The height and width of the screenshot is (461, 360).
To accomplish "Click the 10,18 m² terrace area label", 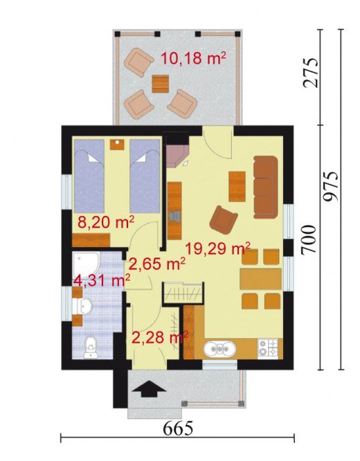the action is [193, 58].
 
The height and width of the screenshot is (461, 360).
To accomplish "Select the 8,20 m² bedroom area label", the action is [106, 222].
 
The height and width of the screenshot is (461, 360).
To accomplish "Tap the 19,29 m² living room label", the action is [217, 248].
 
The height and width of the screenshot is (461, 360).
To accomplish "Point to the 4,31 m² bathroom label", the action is [102, 280].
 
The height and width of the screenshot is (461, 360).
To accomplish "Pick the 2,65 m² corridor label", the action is [156, 264].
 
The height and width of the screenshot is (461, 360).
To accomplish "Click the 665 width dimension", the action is [178, 428].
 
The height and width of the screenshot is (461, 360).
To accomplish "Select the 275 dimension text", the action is [311, 73].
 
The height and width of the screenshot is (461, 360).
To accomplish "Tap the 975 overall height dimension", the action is [331, 186].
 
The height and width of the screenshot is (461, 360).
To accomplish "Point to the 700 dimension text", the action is [309, 239].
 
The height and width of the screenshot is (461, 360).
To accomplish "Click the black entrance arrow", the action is [150, 389].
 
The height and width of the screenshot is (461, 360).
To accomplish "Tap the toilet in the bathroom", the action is [90, 347].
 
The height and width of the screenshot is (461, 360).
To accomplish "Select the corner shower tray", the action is [87, 264].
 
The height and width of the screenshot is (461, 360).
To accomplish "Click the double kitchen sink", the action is [219, 349].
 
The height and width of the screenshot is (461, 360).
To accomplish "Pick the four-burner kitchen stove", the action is [268, 349].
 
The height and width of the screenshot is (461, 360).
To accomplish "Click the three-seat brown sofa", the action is [265, 187].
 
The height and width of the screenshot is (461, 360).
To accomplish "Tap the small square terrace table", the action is [161, 84].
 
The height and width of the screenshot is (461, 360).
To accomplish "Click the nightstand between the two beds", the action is [117, 145].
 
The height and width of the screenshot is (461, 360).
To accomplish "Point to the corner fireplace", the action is [177, 154].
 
